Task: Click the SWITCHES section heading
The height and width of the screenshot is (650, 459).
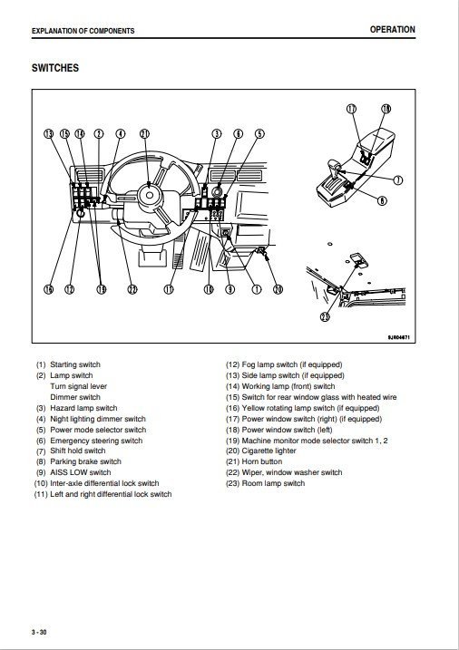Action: point(54,68)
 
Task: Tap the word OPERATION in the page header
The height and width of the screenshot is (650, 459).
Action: point(392,30)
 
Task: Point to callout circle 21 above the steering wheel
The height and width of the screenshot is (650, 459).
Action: point(144,134)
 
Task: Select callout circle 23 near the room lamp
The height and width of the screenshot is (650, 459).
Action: point(325,316)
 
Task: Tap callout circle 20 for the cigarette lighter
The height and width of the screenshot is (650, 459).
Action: point(278,289)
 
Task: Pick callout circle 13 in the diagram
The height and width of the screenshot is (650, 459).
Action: point(49,134)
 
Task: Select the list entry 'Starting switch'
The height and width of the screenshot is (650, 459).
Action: point(75,364)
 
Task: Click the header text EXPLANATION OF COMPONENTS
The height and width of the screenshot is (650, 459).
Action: point(83,31)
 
